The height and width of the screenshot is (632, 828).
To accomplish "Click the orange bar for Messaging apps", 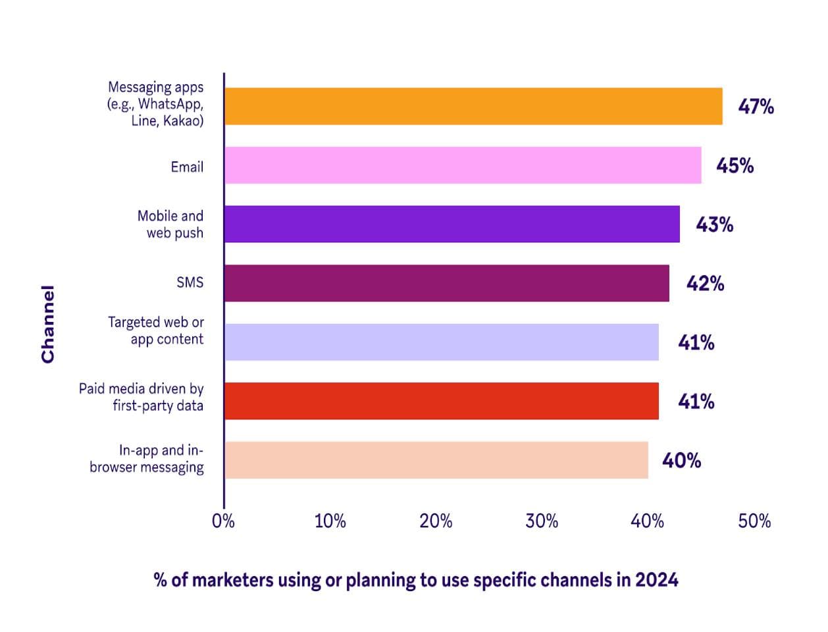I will pos(473,107).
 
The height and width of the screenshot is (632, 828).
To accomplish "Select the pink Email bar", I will pos(462,165).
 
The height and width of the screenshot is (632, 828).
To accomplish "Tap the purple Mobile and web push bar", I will pos(452,224).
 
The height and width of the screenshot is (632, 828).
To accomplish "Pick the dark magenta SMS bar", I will pos(446,283).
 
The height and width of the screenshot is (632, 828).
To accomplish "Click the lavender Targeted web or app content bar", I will pos(441,342).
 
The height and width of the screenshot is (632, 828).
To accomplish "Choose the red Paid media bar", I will pos(441,401).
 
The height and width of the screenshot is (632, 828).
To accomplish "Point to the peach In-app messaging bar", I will pos(436,460).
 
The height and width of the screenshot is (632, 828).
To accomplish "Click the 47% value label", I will pos(756,107).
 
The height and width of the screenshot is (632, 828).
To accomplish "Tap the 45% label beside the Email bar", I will pos(735,165).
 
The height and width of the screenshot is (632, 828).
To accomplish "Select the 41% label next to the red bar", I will pos(696,402).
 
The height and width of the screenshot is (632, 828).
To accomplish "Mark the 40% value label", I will pos(681,461).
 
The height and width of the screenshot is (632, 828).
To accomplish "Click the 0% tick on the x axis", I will pos(223,521).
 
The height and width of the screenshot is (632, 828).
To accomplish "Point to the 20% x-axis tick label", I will pos(436,521).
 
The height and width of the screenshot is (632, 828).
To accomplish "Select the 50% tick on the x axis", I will pos(754,521).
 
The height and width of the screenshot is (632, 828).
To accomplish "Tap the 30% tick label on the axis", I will pos(542,521).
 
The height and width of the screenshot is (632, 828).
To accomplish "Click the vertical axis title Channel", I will pos(47,324).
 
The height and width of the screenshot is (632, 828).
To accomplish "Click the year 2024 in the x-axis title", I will pos(656,580).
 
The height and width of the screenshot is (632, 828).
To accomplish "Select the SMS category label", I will pos(190,282).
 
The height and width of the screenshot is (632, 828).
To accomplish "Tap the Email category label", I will pos(187,167).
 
